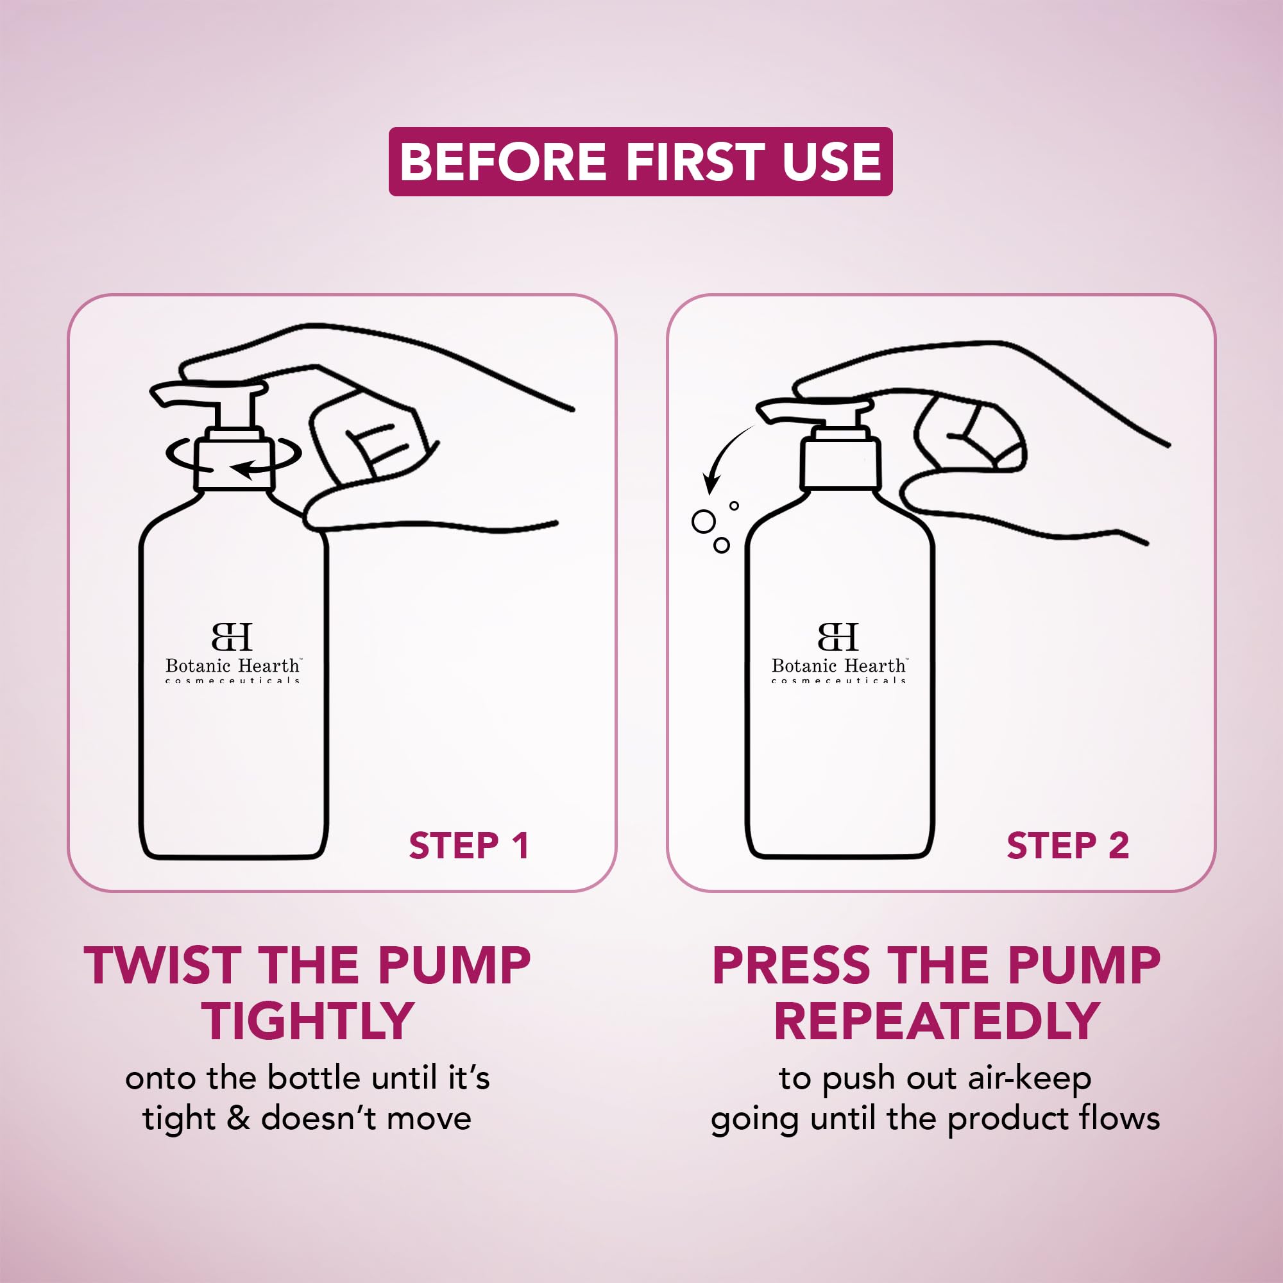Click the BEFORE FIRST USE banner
(x=640, y=162)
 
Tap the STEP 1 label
(x=468, y=845)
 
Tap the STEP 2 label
(x=1067, y=845)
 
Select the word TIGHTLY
(x=307, y=1021)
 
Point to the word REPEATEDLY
(x=936, y=1021)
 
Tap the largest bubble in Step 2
(x=704, y=522)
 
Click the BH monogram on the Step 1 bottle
(x=232, y=636)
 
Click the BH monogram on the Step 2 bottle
(x=838, y=636)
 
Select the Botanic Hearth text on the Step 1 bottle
(x=233, y=665)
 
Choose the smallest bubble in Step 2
(x=734, y=506)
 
